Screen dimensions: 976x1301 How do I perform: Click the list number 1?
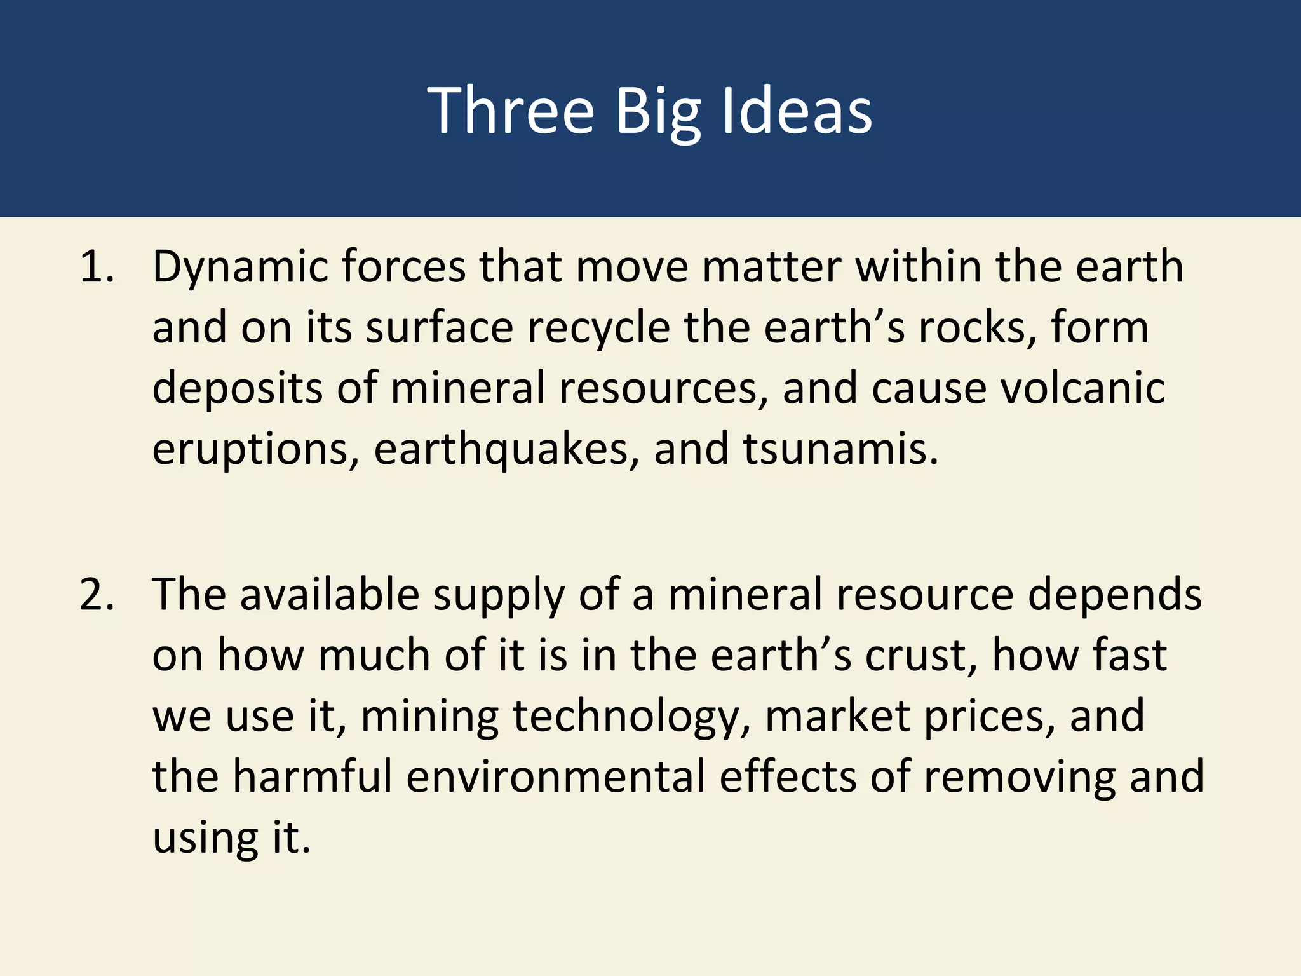pos(97,267)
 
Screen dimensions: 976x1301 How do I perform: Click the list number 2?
pos(97,595)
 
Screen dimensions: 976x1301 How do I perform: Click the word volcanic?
pos(1082,388)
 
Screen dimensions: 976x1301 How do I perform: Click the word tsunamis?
pos(840,449)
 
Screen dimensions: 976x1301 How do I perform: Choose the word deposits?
pos(237,390)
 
